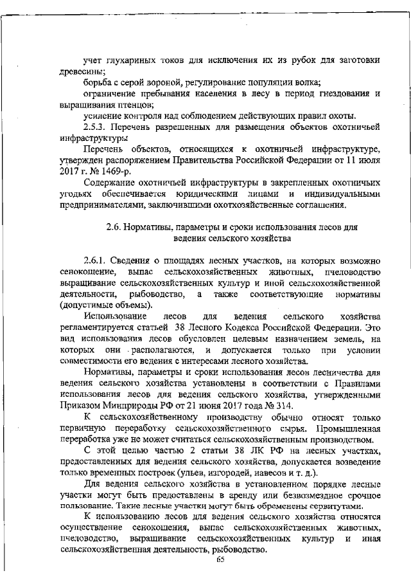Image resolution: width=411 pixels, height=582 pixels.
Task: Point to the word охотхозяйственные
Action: (240, 205)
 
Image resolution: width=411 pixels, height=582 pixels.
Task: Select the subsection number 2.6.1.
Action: (96, 260)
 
